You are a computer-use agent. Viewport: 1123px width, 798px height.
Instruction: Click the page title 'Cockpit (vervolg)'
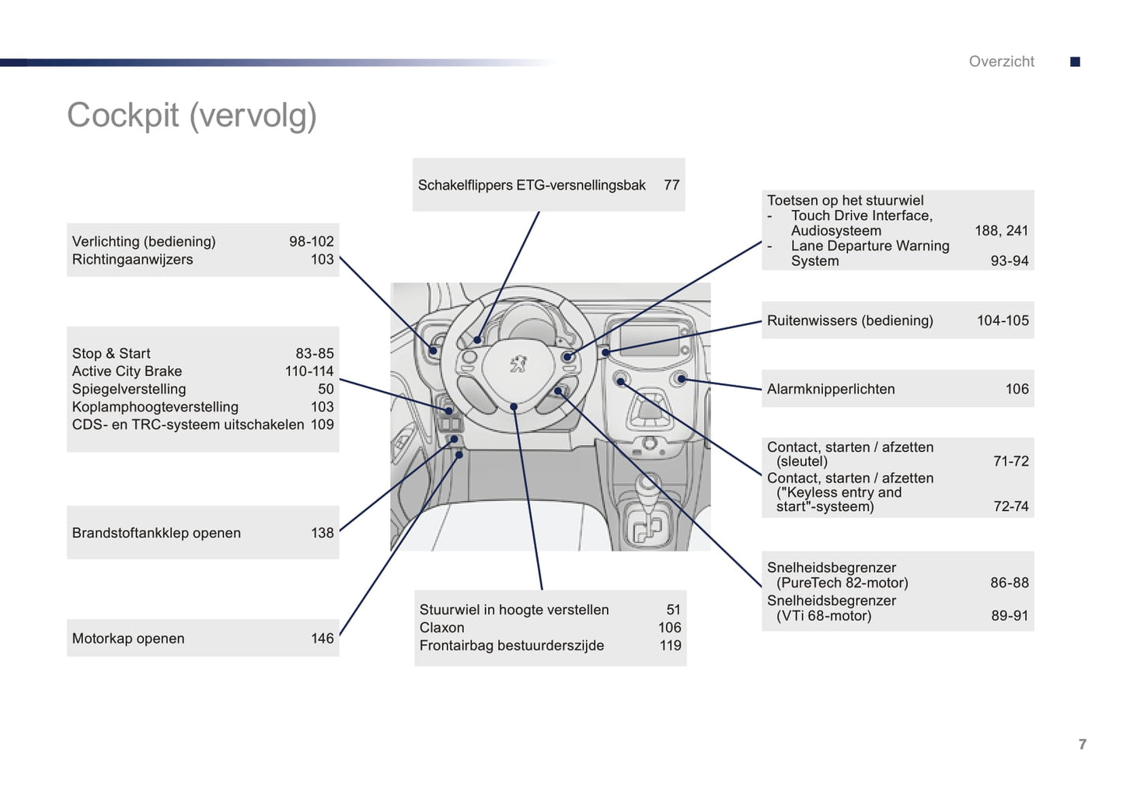click(x=192, y=116)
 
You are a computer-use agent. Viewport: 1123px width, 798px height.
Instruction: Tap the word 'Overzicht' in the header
click(x=1001, y=61)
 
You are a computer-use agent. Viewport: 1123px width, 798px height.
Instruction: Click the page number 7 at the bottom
click(x=1083, y=744)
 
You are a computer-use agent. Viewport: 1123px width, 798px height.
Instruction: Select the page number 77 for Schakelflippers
click(x=671, y=185)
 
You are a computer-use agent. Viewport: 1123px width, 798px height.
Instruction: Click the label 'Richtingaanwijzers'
click(x=132, y=260)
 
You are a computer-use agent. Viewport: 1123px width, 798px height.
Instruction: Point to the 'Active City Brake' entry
click(x=127, y=371)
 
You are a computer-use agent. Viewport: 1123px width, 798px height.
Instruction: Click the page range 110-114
click(x=309, y=371)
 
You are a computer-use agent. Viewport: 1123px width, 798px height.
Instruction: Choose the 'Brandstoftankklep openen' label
click(x=156, y=533)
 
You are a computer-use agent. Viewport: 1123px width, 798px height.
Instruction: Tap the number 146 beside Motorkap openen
click(x=322, y=639)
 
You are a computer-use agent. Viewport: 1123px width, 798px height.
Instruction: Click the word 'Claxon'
click(x=441, y=628)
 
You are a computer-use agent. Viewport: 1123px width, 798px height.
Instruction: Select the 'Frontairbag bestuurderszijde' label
click(x=511, y=646)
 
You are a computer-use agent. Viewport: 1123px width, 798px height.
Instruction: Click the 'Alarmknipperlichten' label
click(x=831, y=389)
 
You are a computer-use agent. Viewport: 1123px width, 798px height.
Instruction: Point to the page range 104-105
click(x=1003, y=320)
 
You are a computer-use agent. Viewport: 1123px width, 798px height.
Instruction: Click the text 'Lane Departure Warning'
click(x=870, y=246)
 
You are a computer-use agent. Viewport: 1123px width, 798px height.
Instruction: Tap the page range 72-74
click(x=1010, y=506)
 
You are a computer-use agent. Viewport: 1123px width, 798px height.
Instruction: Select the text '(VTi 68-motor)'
click(x=824, y=616)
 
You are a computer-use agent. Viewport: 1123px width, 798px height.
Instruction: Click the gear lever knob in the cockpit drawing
click(x=647, y=484)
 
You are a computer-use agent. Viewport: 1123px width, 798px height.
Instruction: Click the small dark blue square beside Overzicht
click(x=1076, y=62)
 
